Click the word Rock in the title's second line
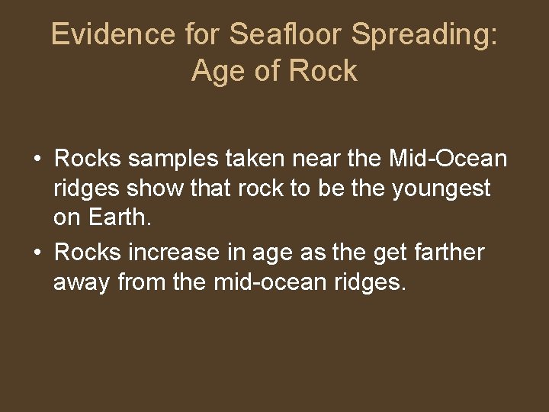[x=323, y=72]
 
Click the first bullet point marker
[x=37, y=159]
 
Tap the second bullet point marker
[x=37, y=252]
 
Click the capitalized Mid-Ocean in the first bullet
[x=448, y=159]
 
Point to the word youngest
[x=441, y=188]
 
